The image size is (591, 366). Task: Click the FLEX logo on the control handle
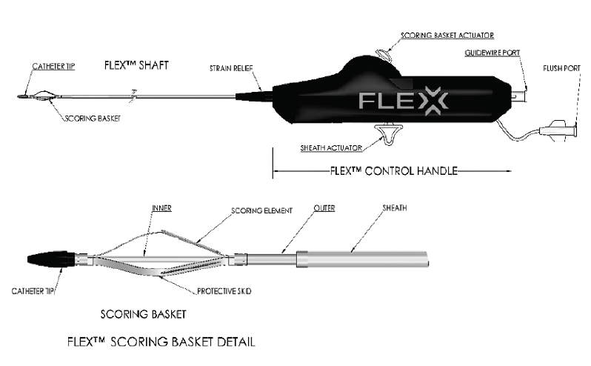[x=404, y=101]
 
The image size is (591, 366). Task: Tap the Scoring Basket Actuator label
[x=447, y=36]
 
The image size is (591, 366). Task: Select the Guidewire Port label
[x=492, y=53]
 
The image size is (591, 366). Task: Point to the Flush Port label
[x=561, y=68]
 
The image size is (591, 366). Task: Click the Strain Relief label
[x=231, y=68]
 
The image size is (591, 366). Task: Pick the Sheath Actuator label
[x=331, y=148]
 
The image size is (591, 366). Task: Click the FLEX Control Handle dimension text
[x=394, y=170]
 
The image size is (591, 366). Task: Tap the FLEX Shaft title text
[x=136, y=65]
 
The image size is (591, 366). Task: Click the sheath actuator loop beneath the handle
[x=387, y=134]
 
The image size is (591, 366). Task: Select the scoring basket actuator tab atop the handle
[x=384, y=55]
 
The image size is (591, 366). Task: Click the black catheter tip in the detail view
[x=51, y=259]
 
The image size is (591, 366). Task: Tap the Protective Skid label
[x=224, y=291]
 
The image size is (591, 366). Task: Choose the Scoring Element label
[x=262, y=210]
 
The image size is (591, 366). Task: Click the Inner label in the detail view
[x=161, y=208]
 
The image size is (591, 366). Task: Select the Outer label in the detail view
[x=324, y=208]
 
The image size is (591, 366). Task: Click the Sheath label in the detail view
[x=395, y=207]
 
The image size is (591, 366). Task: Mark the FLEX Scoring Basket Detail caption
[x=161, y=342]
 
